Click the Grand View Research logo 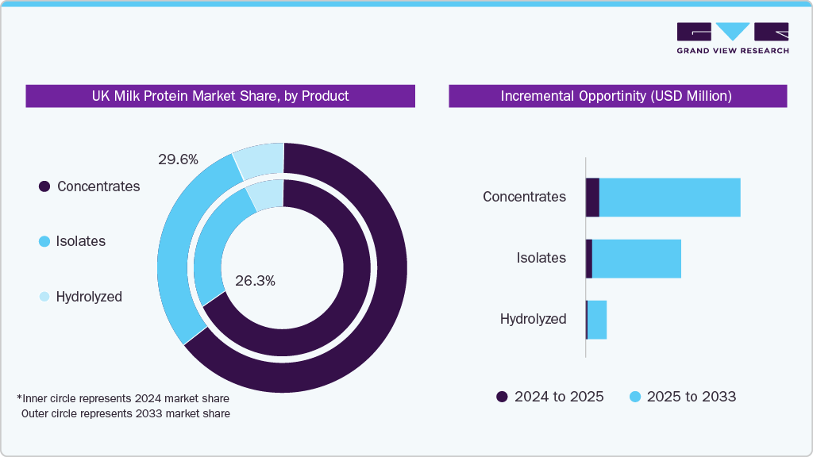point(732,37)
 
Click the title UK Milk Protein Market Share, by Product point(220,96)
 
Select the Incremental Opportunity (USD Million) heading point(617,96)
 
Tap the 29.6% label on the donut point(178,159)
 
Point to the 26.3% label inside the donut point(256,281)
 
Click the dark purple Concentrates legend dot point(44,186)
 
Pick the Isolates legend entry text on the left point(80,241)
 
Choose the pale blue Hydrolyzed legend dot point(44,297)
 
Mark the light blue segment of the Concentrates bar point(669,197)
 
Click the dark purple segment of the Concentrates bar point(592,197)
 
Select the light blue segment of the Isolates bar point(636,258)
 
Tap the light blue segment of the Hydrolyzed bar point(597,319)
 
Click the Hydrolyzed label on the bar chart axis point(533,319)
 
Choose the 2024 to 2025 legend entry point(549,397)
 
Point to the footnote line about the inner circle point(123,397)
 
